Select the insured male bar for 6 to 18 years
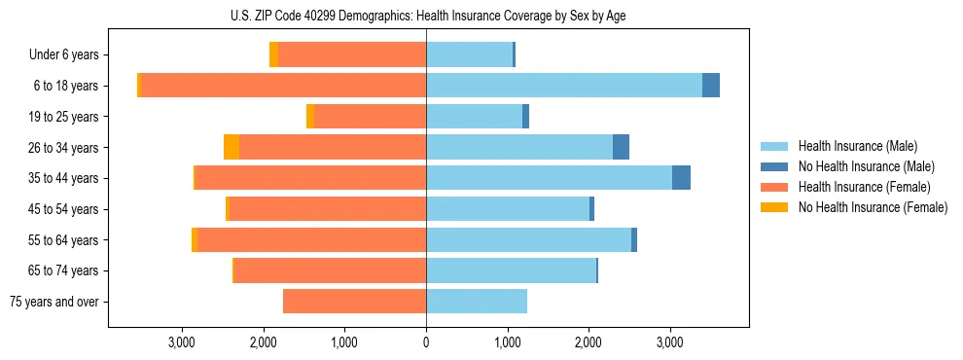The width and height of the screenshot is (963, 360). tap(564, 86)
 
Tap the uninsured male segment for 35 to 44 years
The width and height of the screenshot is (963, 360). tap(681, 178)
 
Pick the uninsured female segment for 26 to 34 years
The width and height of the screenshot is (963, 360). tap(232, 147)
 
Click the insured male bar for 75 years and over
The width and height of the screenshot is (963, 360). tap(477, 302)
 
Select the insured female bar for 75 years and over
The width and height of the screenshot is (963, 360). tap(354, 302)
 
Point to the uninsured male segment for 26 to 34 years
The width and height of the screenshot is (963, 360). tap(621, 147)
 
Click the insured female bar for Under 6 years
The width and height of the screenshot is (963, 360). tap(352, 54)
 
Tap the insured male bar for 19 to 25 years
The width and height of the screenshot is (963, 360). tap(474, 117)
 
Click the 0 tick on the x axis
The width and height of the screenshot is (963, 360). tap(426, 342)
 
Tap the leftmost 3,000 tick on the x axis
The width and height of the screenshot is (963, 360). tap(182, 342)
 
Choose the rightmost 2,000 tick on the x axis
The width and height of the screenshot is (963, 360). tap(588, 342)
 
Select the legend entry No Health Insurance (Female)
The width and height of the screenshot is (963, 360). tap(873, 207)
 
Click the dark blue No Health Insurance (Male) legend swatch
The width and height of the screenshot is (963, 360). tap(775, 166)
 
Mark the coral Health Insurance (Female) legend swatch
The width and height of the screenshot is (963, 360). tap(775, 187)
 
